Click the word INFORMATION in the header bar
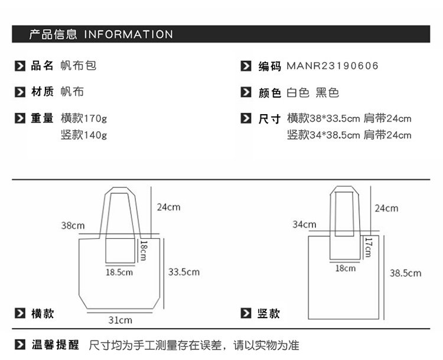point(128,34)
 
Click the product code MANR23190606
point(332,66)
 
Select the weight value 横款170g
point(84,118)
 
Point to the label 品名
point(42,66)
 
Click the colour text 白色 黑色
point(312,93)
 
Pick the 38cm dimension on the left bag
point(73,226)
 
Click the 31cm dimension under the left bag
point(120,320)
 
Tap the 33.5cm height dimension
point(184,272)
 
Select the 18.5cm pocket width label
point(119,273)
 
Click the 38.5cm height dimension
point(405,273)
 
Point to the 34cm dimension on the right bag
point(304,225)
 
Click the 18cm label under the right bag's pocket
point(346,268)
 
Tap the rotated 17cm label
point(367,247)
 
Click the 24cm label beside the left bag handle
point(168,207)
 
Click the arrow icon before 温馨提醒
point(20,345)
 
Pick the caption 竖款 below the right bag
point(269,314)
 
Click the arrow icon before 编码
point(246,66)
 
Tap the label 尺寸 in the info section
point(269,118)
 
